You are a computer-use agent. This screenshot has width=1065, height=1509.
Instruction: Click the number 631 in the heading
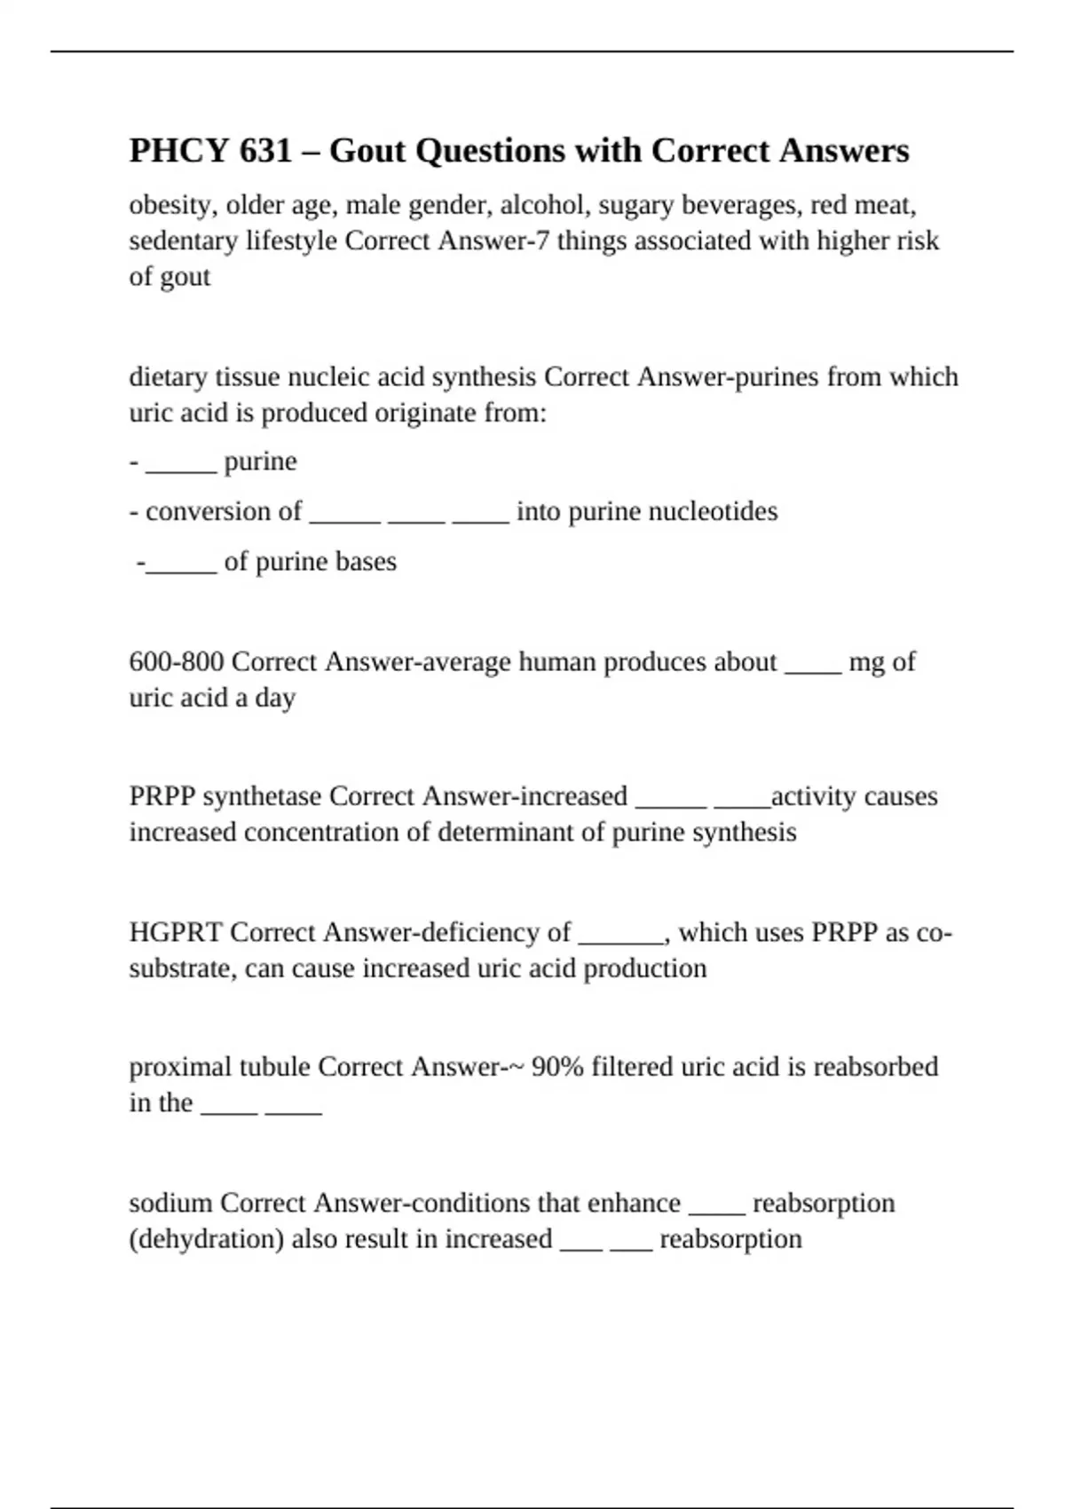click(x=265, y=151)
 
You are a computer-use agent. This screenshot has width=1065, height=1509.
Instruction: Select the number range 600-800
click(x=176, y=662)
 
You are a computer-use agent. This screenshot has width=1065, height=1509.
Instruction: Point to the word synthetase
click(x=262, y=796)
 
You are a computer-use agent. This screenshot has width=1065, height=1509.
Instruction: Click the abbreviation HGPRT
click(x=176, y=932)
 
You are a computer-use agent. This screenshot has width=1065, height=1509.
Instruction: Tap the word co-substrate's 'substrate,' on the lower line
click(x=183, y=968)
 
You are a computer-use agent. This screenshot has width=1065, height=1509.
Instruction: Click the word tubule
click(x=274, y=1067)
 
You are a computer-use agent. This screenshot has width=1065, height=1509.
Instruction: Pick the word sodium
click(x=170, y=1203)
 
